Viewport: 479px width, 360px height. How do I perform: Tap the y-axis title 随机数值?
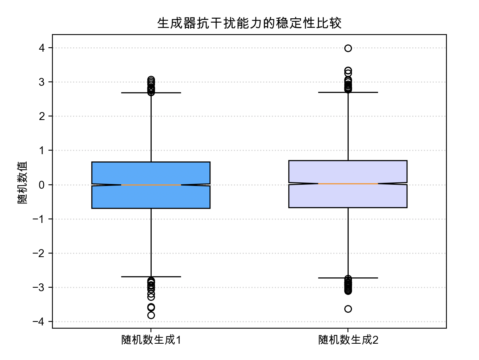coord(23,182)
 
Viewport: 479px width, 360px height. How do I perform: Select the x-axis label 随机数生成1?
coord(151,340)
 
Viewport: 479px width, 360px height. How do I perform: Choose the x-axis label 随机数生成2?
coord(348,340)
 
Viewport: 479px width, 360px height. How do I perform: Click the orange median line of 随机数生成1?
coord(151,185)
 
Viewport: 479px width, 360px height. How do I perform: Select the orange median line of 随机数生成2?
coord(348,184)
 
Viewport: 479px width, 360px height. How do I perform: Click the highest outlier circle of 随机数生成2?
coord(348,48)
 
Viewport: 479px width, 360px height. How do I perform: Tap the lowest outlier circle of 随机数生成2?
coord(348,309)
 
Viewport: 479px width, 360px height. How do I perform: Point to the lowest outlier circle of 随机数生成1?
coord(151,315)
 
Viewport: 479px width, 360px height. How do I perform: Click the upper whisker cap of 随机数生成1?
coord(151,93)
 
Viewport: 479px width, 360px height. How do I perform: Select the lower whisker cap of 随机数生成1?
coord(151,277)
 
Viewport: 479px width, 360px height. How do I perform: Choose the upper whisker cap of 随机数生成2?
coord(348,92)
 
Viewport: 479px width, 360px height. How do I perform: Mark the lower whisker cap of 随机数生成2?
coord(348,278)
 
